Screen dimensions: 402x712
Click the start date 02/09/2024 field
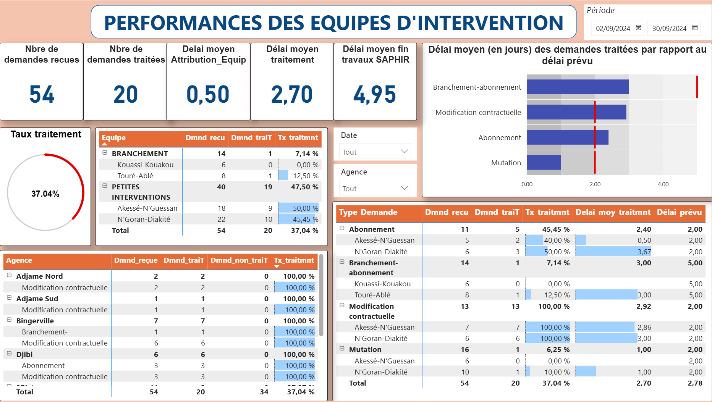[x=613, y=29]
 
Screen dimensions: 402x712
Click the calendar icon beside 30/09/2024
[x=695, y=28]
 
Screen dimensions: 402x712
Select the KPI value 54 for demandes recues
[x=42, y=94]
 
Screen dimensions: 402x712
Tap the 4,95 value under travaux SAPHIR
[x=375, y=94]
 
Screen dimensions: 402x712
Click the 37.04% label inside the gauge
[x=45, y=194]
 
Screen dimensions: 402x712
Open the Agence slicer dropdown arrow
[x=404, y=188]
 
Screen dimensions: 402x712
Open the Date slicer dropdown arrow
[x=404, y=152]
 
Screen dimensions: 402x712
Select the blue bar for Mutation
[x=543, y=163]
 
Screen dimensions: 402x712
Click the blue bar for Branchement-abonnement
[x=577, y=87]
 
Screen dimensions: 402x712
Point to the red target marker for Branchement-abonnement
[x=697, y=87]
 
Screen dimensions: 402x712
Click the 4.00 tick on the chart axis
[x=663, y=184]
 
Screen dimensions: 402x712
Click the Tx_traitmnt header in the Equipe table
[x=298, y=138]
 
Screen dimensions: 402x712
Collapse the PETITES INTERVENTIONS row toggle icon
[x=105, y=186]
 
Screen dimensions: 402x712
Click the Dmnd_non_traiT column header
[x=239, y=260]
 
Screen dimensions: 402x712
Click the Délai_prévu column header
[x=679, y=212]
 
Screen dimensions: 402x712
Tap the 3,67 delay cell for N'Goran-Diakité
[x=644, y=252]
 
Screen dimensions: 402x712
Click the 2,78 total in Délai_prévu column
[x=695, y=383]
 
